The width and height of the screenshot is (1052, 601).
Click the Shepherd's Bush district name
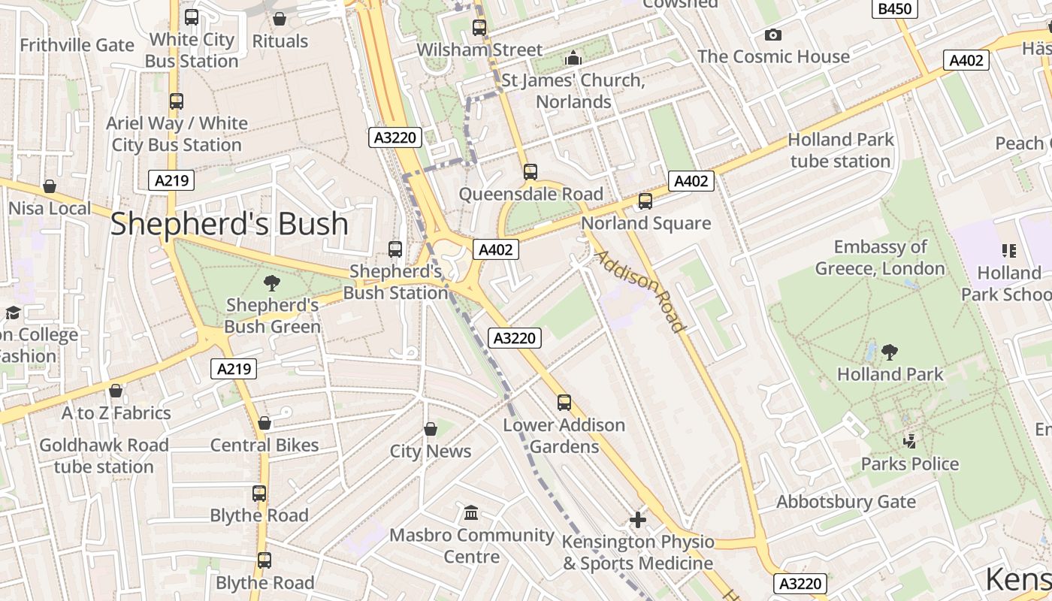pos(229,224)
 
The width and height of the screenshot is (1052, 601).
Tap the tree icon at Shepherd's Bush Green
pos(272,283)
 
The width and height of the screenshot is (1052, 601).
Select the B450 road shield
pos(894,9)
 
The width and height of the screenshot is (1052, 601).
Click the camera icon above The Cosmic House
pos(772,35)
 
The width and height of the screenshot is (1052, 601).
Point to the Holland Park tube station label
pos(840,150)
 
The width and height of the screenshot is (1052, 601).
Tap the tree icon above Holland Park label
pos(890,352)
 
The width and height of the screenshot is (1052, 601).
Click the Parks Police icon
pos(910,442)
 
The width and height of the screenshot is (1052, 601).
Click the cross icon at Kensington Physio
pos(637,519)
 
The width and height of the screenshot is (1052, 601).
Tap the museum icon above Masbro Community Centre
pos(471,513)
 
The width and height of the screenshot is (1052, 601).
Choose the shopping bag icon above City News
pos(431,429)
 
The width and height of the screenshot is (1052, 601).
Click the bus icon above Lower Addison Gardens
pos(564,403)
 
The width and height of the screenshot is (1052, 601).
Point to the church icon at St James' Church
pos(573,58)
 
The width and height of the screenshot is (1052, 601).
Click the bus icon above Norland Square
pos(645,201)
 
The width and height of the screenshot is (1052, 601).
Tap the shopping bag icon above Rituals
pos(280,19)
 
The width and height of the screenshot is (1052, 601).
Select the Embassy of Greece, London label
pos(880,258)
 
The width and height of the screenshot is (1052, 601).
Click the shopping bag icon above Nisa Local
pos(50,186)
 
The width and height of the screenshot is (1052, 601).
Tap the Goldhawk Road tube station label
pos(104,455)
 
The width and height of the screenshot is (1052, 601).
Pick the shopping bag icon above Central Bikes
pos(265,423)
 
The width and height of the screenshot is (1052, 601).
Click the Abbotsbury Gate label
pos(845,502)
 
